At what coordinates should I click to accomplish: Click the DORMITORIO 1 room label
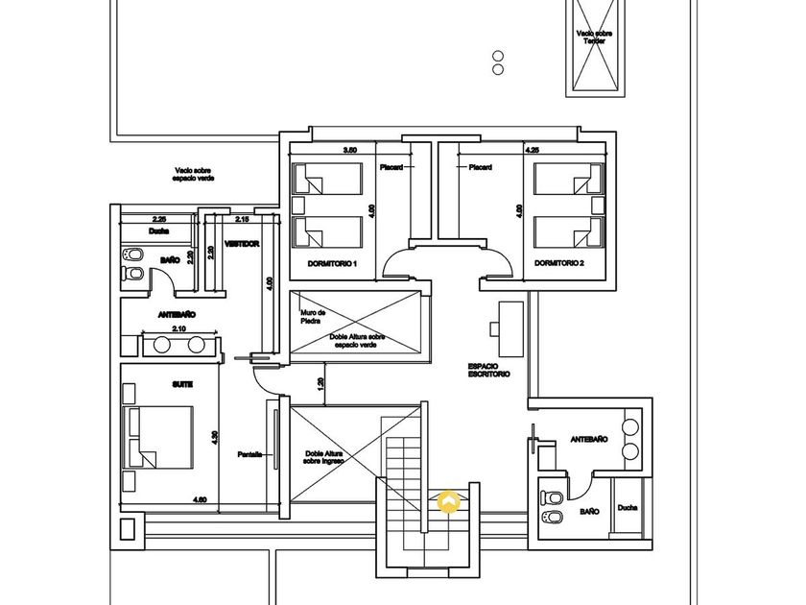(x=332, y=263)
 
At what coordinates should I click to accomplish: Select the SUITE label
(x=182, y=384)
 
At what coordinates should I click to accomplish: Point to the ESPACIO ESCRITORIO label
(x=488, y=370)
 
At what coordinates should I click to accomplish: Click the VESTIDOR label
(x=243, y=244)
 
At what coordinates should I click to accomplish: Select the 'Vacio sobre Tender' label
(x=595, y=36)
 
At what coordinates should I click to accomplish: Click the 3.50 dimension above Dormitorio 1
(x=350, y=151)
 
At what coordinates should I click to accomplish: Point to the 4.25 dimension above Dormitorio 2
(x=532, y=151)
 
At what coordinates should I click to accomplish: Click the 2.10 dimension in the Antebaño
(x=179, y=329)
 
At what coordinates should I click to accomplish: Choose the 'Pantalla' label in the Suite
(x=250, y=455)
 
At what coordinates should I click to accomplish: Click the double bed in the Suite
(x=159, y=439)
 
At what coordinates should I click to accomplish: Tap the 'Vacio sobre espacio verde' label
(x=194, y=174)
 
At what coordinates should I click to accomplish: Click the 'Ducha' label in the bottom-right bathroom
(x=627, y=508)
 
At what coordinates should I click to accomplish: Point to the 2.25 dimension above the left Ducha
(x=159, y=219)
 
